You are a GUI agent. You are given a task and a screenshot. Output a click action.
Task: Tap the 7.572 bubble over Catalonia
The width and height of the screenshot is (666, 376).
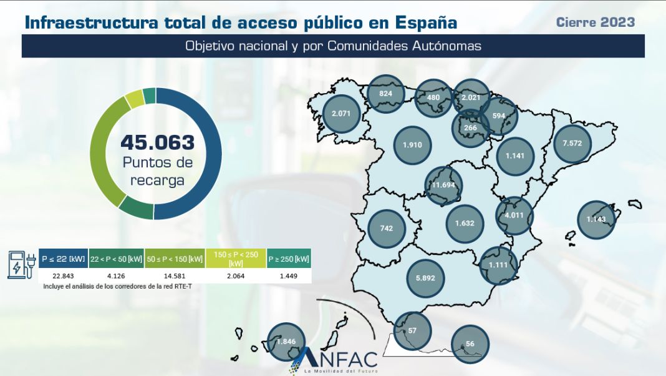click(x=572, y=143)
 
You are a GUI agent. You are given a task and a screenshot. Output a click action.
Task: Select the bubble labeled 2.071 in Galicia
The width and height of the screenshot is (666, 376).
click(x=342, y=114)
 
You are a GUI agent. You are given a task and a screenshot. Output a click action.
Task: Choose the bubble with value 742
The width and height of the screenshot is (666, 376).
click(x=387, y=229)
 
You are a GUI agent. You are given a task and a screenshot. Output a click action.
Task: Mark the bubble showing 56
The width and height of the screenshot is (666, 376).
click(x=470, y=344)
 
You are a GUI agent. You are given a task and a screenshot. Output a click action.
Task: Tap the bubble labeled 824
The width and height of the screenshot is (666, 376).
click(x=385, y=94)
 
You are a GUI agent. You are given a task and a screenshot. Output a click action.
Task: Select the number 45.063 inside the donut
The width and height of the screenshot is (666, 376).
click(x=157, y=142)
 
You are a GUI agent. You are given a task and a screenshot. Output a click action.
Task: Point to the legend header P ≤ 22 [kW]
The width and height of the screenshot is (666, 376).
click(x=63, y=259)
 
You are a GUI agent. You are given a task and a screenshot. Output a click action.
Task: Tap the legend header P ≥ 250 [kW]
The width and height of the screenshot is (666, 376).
click(x=289, y=259)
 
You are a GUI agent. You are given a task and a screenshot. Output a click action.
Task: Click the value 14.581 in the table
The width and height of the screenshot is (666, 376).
click(x=175, y=277)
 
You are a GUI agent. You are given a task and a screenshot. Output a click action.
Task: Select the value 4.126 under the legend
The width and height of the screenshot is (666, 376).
click(x=117, y=277)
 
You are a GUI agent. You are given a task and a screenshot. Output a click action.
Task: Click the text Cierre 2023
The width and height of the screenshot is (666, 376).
click(x=595, y=22)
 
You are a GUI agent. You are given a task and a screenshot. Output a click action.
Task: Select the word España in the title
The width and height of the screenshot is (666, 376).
click(x=426, y=23)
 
